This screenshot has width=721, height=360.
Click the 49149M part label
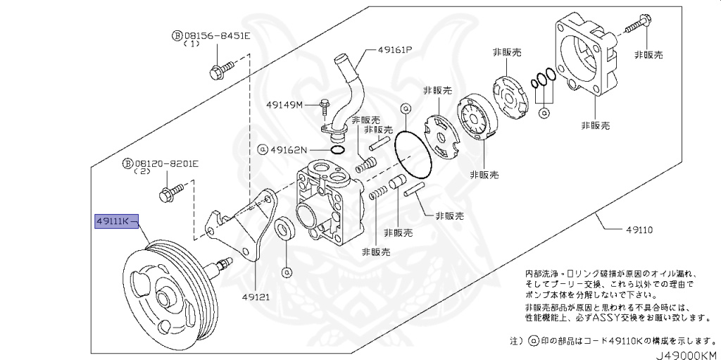[x=284, y=105]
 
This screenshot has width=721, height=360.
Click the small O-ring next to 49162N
[x=337, y=149]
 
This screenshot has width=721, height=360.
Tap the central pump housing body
[x=327, y=204]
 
